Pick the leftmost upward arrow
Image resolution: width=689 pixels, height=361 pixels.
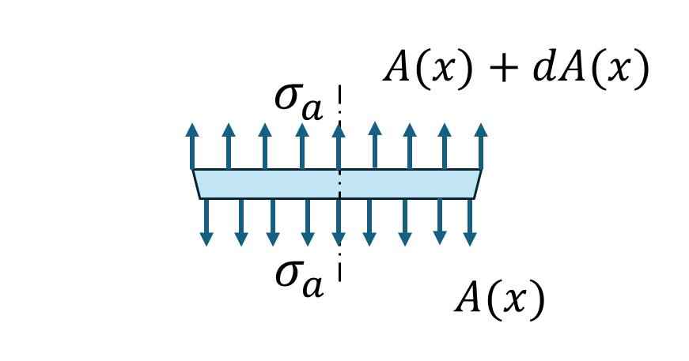click(x=192, y=146)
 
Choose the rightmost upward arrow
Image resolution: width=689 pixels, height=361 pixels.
click(x=480, y=146)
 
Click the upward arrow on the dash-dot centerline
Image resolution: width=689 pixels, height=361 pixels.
click(x=339, y=146)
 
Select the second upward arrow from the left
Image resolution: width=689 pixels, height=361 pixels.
click(x=229, y=146)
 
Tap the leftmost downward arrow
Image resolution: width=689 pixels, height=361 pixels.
click(x=206, y=222)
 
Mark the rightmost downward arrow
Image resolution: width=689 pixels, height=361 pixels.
click(x=470, y=222)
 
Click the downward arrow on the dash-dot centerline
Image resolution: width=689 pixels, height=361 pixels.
click(x=339, y=222)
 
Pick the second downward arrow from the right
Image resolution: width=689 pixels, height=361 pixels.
click(x=440, y=222)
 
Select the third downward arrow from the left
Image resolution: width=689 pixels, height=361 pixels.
click(x=273, y=222)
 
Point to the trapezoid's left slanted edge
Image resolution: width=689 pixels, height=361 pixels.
click(x=196, y=183)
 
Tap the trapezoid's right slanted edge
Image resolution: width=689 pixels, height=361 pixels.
click(x=477, y=183)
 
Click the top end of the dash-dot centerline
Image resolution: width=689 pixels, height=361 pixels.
click(x=339, y=86)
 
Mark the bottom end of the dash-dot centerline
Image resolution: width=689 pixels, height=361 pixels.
click(x=339, y=280)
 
